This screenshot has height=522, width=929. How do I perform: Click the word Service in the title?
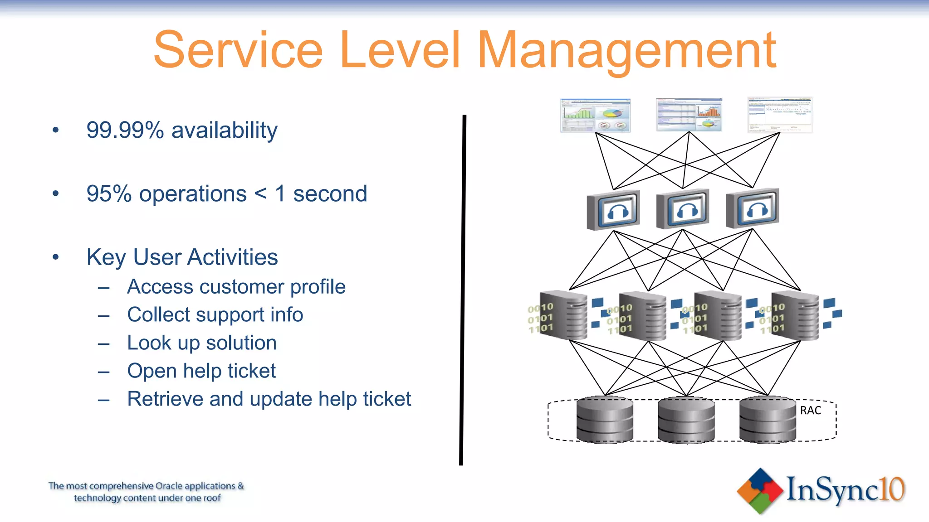[238, 50]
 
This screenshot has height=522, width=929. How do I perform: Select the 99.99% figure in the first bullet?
[125, 130]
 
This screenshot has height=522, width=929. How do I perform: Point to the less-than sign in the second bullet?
[260, 194]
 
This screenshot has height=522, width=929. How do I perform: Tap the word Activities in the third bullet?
[232, 257]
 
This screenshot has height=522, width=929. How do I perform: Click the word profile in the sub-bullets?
[318, 287]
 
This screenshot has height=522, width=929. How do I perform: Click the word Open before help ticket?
[152, 371]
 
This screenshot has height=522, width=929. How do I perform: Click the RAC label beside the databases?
[810, 411]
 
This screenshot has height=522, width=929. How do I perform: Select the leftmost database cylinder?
[605, 420]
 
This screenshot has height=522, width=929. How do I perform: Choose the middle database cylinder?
[686, 420]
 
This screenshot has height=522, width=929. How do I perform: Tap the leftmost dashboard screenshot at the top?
[595, 116]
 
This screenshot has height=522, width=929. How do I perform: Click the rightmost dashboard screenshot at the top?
[779, 115]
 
